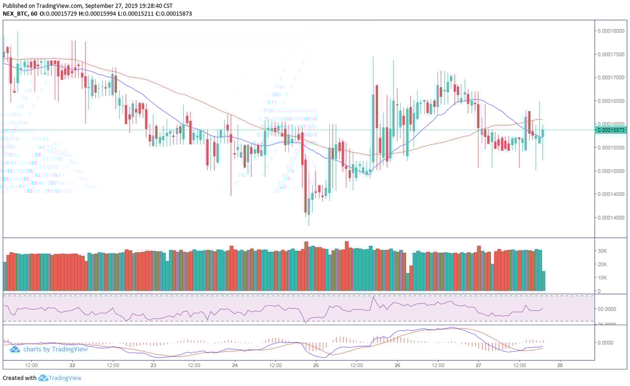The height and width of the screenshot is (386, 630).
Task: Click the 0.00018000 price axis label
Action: click(x=610, y=31)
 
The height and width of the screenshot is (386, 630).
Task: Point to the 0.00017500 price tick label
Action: click(x=610, y=54)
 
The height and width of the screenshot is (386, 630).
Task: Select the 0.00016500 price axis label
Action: click(x=610, y=101)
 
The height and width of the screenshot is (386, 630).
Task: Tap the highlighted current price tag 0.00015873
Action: click(x=610, y=130)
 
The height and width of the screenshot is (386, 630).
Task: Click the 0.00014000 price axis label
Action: click(x=610, y=218)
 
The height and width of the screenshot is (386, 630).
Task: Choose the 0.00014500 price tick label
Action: click(x=610, y=194)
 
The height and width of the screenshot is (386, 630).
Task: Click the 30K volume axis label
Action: click(x=602, y=251)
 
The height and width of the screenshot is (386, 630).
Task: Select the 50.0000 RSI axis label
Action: click(x=606, y=309)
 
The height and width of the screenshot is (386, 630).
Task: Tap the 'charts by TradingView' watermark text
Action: click(x=55, y=349)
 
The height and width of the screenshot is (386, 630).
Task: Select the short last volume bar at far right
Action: click(x=543, y=281)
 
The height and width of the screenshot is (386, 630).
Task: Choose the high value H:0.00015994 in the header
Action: click(x=86, y=14)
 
